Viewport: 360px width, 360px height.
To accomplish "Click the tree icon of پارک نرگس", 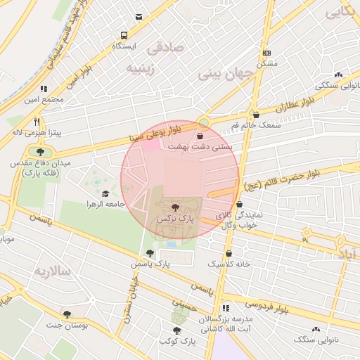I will point(174,207).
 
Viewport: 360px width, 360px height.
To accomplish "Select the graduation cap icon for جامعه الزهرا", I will point(105,194).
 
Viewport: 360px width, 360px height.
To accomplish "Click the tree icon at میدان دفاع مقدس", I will point(40,151).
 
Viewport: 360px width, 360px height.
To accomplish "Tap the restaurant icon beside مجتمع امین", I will point(44,89).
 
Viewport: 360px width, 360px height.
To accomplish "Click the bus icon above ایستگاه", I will point(124,34).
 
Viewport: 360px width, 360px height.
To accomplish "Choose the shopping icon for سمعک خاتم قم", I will point(255,114).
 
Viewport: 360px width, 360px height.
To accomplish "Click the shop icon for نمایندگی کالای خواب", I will point(240,204).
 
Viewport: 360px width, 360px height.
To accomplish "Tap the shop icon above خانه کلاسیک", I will point(229,253).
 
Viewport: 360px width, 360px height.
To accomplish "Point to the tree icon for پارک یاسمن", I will point(149,253).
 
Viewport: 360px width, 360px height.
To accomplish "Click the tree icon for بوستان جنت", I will point(67,314).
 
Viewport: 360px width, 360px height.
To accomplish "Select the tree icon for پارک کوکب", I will point(176,330).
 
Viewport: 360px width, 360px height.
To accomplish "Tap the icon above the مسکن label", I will point(266,53).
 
